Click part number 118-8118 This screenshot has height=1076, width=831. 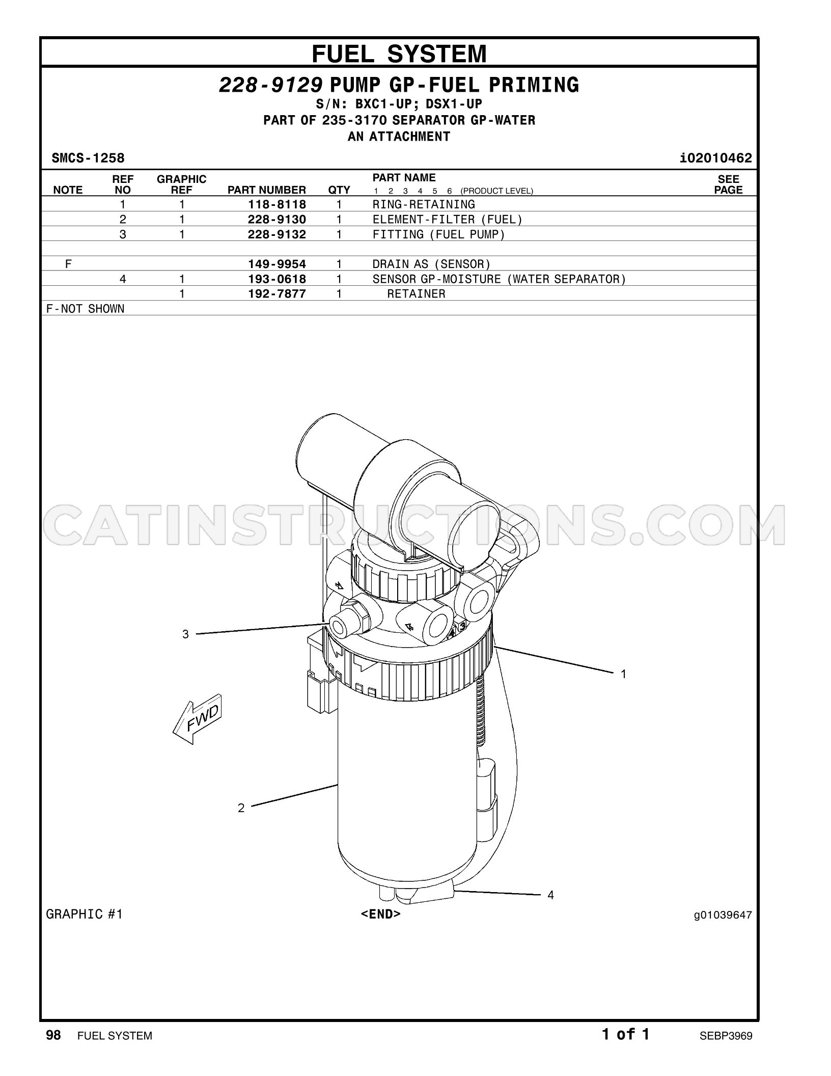point(277,204)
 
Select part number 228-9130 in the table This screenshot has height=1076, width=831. point(277,220)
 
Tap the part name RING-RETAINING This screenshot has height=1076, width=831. point(424,204)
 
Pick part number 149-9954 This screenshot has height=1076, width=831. point(277,264)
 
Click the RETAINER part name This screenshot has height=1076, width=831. point(416,294)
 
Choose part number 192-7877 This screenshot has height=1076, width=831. point(277,294)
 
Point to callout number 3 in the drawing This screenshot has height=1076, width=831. point(185,634)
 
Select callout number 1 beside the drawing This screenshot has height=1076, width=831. point(623,674)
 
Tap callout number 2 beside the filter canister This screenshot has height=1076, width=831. point(241,808)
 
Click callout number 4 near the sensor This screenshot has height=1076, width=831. point(550,895)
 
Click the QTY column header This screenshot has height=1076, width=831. point(339,190)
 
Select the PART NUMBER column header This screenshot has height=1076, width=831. point(266,190)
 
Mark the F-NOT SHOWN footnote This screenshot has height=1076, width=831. point(85,309)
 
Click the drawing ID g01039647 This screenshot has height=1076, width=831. point(723,915)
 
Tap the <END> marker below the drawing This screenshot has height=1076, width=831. point(381,914)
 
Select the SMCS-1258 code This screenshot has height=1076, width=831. point(88,158)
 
